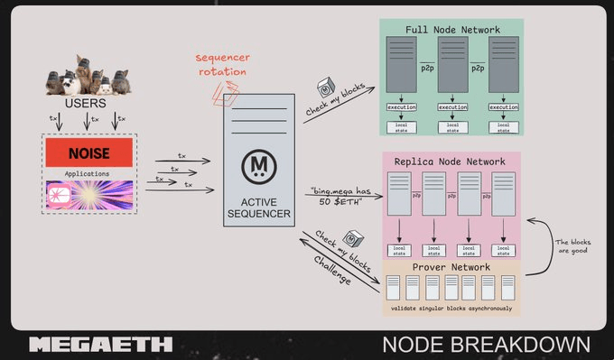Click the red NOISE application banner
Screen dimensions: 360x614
point(89,153)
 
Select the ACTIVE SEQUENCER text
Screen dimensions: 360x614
point(259,208)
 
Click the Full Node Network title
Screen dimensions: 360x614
point(452,30)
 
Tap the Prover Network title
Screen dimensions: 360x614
point(451,267)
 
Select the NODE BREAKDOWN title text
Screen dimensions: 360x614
point(486,344)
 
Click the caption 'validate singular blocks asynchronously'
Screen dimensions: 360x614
point(451,308)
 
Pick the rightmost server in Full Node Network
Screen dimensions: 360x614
point(504,67)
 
